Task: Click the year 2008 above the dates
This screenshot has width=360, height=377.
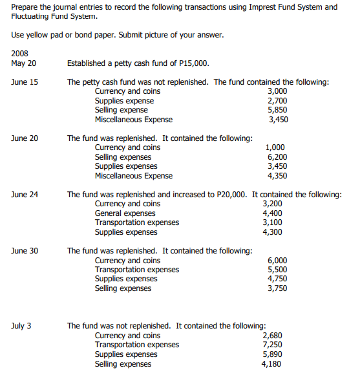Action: click(21, 54)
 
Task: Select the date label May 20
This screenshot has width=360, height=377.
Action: click(24, 63)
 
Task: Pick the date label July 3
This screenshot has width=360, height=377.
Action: click(22, 326)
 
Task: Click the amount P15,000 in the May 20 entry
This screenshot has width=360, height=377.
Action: click(191, 63)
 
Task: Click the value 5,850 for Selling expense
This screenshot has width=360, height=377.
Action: click(277, 110)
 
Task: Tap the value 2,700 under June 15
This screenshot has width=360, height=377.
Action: click(277, 101)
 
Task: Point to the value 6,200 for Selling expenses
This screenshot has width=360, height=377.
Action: click(277, 157)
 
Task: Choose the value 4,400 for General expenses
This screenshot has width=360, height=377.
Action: click(272, 213)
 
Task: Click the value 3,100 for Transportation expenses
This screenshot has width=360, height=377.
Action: click(272, 222)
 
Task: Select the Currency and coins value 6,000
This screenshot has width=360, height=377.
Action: click(277, 261)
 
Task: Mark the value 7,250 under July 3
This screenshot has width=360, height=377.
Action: click(272, 345)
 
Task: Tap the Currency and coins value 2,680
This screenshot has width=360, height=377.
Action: click(272, 336)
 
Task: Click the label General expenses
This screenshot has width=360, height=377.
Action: click(125, 213)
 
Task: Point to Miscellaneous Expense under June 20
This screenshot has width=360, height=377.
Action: click(134, 176)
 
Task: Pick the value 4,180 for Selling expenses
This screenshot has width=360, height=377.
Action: click(272, 364)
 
